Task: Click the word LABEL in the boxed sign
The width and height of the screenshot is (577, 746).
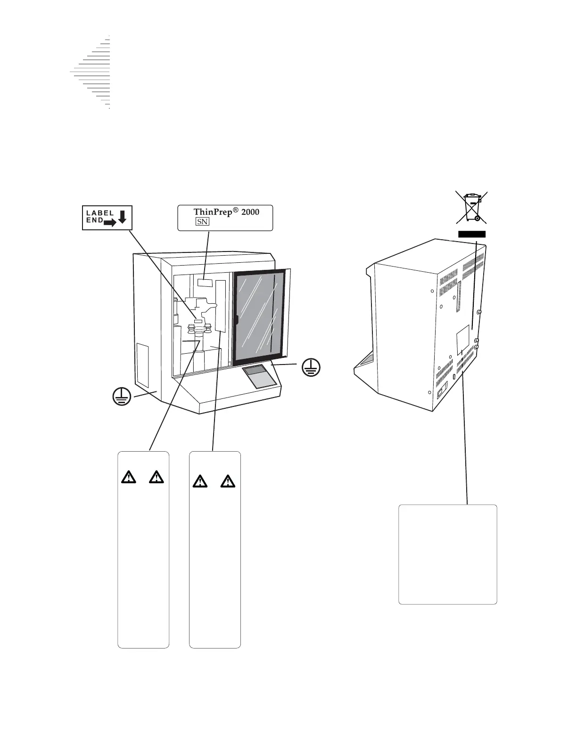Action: click(x=99, y=213)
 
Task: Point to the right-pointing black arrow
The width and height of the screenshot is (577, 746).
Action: click(x=110, y=223)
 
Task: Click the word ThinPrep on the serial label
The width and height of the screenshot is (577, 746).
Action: click(x=213, y=212)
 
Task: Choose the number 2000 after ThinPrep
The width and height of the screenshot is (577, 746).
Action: click(x=249, y=212)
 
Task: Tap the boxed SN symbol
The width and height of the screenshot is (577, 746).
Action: click(x=203, y=222)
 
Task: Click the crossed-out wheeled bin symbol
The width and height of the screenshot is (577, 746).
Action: click(x=471, y=207)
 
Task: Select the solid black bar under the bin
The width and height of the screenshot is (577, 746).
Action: click(x=472, y=234)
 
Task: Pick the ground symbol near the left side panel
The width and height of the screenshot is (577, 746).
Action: click(x=122, y=397)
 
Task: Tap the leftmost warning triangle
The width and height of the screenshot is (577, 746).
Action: click(x=127, y=478)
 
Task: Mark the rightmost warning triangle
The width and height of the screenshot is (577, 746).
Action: click(x=228, y=481)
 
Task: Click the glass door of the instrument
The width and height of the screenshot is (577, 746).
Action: click(x=260, y=317)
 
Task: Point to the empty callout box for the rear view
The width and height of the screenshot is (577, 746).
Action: click(x=447, y=554)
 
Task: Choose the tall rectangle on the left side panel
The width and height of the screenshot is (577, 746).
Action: click(x=142, y=364)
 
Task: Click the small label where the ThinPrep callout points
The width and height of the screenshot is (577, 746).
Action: click(x=206, y=283)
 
